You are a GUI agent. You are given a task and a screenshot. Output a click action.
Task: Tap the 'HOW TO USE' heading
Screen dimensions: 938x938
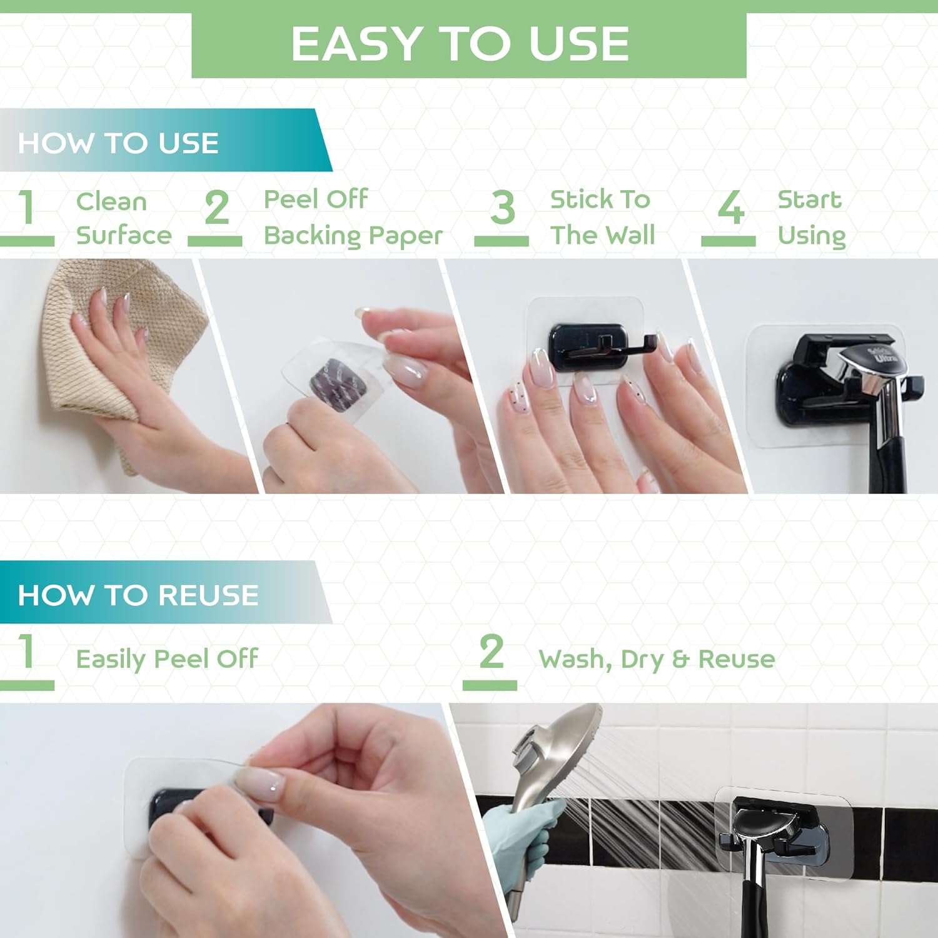click(118, 143)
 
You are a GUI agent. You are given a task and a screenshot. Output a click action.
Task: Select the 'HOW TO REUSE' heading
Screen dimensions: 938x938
click(138, 595)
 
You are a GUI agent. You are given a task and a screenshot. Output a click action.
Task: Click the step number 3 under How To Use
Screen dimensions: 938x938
click(503, 208)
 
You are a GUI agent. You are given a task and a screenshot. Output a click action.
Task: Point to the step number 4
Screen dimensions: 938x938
click(730, 208)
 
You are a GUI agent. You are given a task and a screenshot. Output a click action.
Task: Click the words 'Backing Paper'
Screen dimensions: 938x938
click(353, 236)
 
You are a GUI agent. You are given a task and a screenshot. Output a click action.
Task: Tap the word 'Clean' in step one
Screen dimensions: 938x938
click(111, 202)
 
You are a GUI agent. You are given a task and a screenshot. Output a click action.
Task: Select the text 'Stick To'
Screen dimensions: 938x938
click(600, 200)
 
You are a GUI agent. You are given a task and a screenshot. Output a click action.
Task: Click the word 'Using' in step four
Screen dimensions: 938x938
click(811, 236)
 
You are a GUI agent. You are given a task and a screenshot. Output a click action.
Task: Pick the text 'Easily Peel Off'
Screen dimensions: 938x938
click(166, 659)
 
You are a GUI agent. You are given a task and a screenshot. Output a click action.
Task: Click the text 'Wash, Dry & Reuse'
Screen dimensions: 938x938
click(657, 659)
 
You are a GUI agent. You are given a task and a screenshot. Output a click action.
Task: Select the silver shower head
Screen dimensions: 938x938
click(557, 744)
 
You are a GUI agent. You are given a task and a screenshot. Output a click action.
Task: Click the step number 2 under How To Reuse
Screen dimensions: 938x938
click(492, 652)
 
